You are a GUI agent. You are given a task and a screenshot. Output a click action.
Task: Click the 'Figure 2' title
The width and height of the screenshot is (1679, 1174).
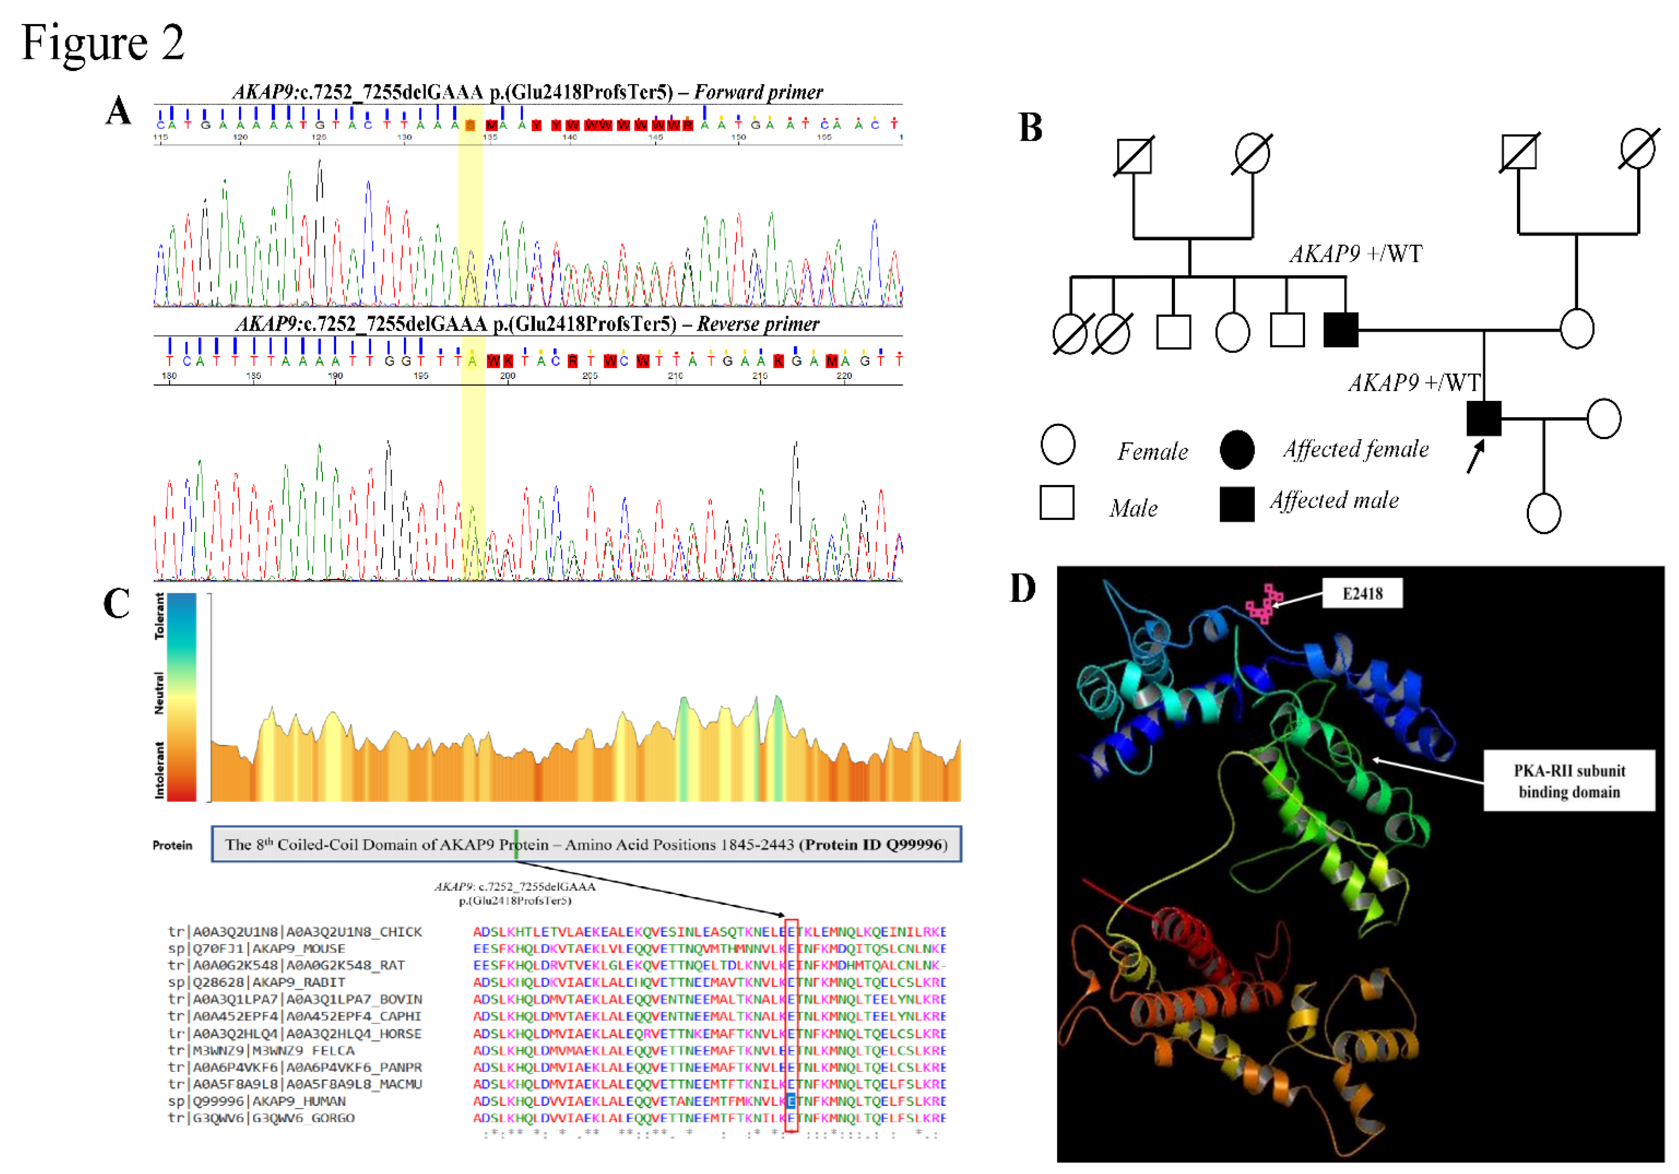pyautogui.click(x=103, y=42)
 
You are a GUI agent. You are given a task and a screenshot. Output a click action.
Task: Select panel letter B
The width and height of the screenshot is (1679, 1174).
pyautogui.click(x=1030, y=128)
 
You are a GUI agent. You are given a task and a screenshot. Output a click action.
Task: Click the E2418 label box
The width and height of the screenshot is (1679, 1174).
pyautogui.click(x=1362, y=593)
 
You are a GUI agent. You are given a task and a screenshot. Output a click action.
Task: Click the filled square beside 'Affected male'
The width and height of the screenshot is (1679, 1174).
pyautogui.click(x=1237, y=504)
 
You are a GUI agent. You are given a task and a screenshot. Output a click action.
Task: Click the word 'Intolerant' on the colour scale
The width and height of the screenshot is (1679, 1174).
pyautogui.click(x=159, y=770)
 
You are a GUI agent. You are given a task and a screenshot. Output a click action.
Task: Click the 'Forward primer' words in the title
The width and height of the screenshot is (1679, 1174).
pyautogui.click(x=758, y=92)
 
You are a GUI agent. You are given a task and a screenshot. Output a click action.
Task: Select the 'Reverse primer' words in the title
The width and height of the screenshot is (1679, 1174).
pyautogui.click(x=758, y=324)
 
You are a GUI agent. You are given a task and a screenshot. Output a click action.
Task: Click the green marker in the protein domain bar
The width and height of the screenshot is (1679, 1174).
pyautogui.click(x=516, y=844)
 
